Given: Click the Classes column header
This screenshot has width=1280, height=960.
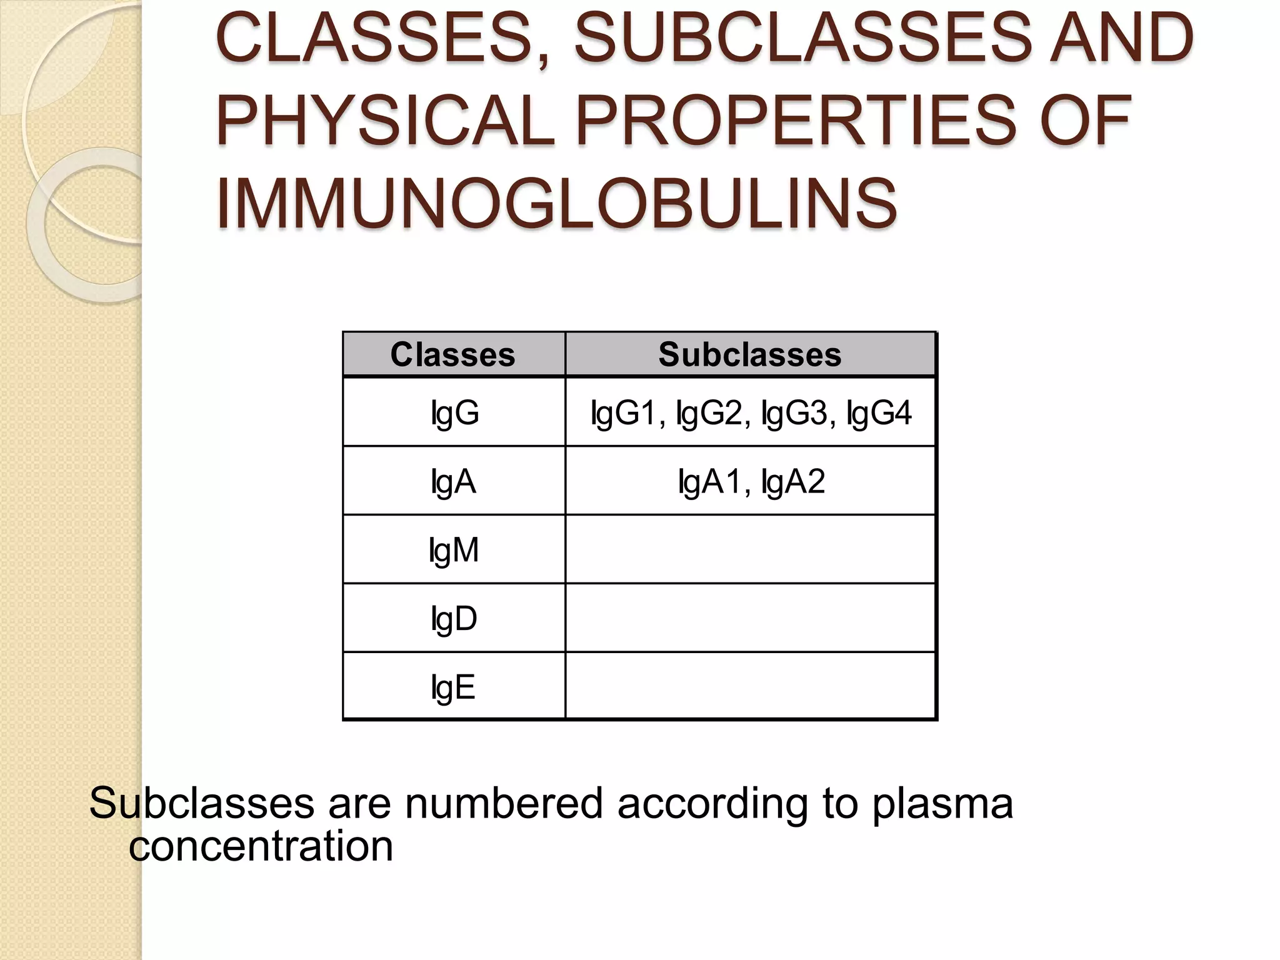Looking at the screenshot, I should tap(453, 354).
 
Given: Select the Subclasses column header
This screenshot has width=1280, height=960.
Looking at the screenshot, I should tap(750, 354).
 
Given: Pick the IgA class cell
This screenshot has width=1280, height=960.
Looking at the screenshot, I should tap(453, 482).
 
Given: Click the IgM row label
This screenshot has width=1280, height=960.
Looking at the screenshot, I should tap(454, 551).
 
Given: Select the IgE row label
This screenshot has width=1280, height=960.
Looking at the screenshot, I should tap(453, 687).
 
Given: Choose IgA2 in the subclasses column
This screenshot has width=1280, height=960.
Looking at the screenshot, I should tap(793, 482).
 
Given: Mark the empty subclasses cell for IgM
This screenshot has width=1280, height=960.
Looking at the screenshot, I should tap(750, 549).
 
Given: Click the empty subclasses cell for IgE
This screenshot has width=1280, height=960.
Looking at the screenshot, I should tap(750, 686).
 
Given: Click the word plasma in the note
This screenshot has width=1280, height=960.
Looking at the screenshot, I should tap(942, 804).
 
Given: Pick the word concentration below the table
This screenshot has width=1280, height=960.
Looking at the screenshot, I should tap(261, 847).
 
